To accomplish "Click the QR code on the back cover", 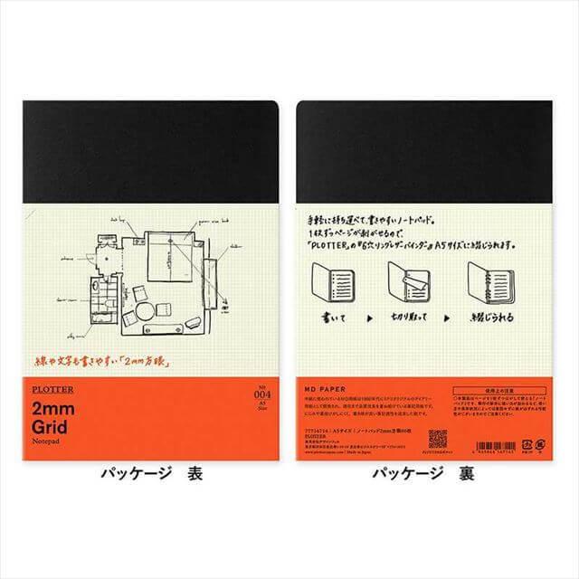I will [437, 439].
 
